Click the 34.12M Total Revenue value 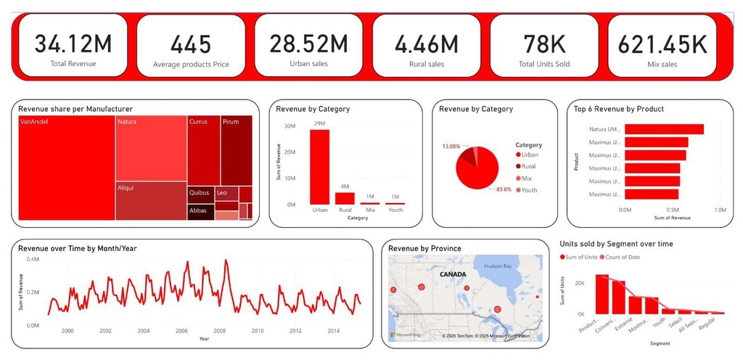[x=73, y=44]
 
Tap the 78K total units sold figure [x=544, y=44]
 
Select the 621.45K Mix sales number [x=662, y=44]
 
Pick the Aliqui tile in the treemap [x=150, y=201]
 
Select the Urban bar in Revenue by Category [x=320, y=167]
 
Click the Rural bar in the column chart [x=345, y=198]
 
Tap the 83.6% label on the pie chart [x=502, y=189]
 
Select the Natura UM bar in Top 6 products [x=664, y=129]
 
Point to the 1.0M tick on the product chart [x=720, y=210]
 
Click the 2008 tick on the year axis [x=220, y=331]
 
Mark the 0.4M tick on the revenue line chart [x=33, y=259]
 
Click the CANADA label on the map [x=451, y=275]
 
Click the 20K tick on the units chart [x=580, y=282]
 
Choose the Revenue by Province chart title [x=424, y=248]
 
